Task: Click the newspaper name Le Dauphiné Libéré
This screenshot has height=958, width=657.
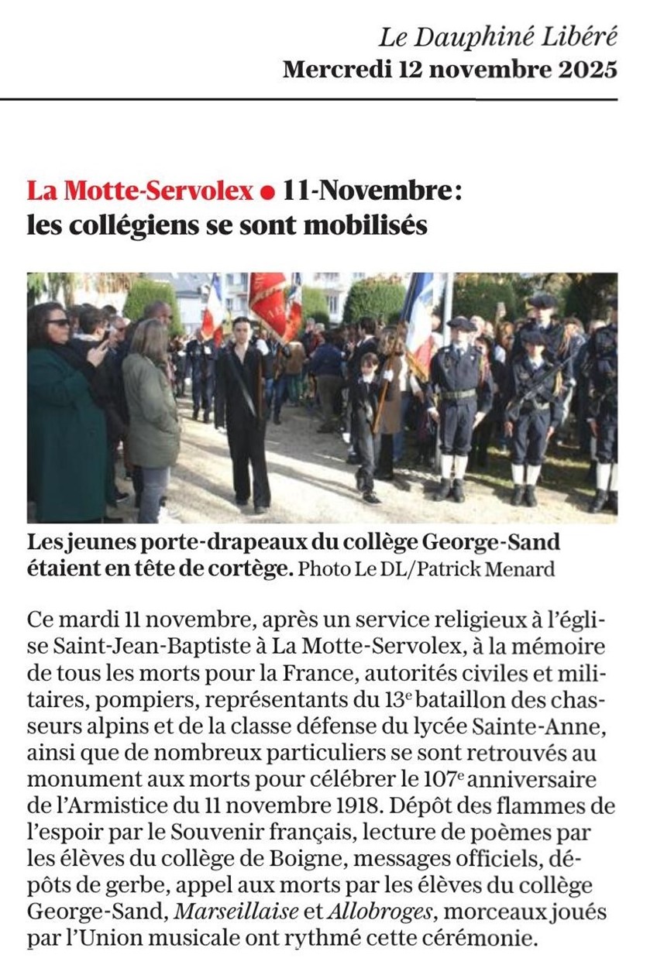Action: click(x=497, y=36)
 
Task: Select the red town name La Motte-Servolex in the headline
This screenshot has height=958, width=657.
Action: click(x=139, y=190)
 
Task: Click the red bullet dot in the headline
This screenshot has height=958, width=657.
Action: click(x=268, y=191)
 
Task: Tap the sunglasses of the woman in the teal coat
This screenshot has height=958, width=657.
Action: click(x=58, y=321)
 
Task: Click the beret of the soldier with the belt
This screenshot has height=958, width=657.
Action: click(x=461, y=323)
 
